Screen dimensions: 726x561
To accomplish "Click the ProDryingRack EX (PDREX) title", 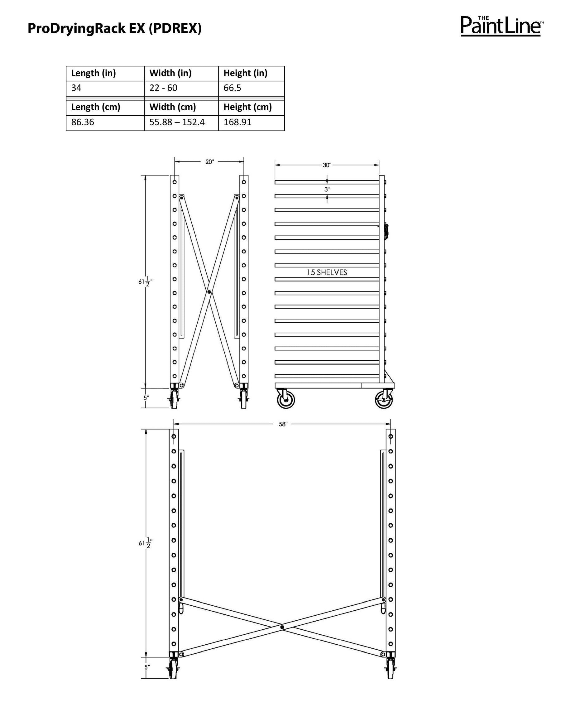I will (114, 29).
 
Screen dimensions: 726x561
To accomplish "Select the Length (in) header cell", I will (105, 73).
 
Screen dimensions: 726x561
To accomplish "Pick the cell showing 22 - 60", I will (181, 88).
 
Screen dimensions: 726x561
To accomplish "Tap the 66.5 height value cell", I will (251, 88).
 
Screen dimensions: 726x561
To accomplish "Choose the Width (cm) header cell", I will (181, 107).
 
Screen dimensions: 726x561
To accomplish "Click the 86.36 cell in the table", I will (105, 122).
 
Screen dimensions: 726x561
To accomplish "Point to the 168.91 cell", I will (251, 122).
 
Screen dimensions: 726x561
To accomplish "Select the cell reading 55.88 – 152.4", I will (181, 122).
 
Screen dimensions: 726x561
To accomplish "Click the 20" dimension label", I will (209, 162).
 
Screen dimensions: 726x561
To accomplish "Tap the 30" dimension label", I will (327, 165).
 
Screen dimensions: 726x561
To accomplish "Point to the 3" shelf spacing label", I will (327, 190).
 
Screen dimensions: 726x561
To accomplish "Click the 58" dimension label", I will (283, 424).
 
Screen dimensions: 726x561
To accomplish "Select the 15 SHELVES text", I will (327, 272).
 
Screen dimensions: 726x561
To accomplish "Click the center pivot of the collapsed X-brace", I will (209, 292).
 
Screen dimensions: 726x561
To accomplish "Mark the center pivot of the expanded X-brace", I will (282, 627).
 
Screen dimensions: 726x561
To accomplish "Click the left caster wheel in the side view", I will (286, 401).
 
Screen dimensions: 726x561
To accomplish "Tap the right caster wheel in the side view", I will (384, 401).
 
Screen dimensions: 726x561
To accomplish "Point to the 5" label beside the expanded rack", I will (147, 667).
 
